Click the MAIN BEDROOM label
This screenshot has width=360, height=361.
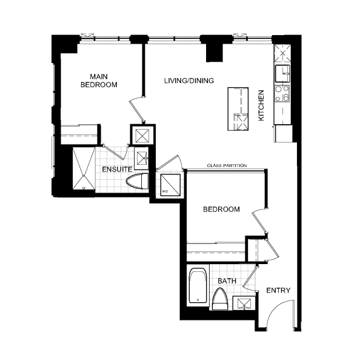pyautogui.click(x=99, y=81)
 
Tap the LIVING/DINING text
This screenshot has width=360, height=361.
pyautogui.click(x=189, y=81)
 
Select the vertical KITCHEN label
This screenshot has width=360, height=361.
pyautogui.click(x=261, y=105)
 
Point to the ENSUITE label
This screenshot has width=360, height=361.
pyautogui.click(x=117, y=169)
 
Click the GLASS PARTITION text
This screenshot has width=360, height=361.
pyautogui.click(x=227, y=165)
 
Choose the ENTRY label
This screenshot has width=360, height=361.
pyautogui.click(x=278, y=290)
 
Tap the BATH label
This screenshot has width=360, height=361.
pyautogui.click(x=227, y=281)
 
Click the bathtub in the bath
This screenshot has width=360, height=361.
pyautogui.click(x=198, y=285)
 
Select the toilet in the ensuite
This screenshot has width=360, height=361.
pyautogui.click(x=137, y=181)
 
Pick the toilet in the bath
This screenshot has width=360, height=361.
pyautogui.click(x=220, y=299)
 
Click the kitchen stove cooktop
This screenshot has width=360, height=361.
pyautogui.click(x=282, y=93)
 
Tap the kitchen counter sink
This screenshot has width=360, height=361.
pyautogui.click(x=282, y=73)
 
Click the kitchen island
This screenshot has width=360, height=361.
pyautogui.click(x=238, y=109)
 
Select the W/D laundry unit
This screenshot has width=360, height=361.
pyautogui.click(x=170, y=185)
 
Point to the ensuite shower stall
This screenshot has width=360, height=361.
pyautogui.click(x=84, y=168)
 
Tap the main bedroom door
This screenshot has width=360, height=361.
pyautogui.click(x=136, y=110)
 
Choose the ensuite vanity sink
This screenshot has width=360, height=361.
pyautogui.click(x=142, y=158)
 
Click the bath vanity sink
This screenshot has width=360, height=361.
pyautogui.click(x=244, y=303)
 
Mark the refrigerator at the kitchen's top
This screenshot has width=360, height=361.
pyautogui.click(x=282, y=53)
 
